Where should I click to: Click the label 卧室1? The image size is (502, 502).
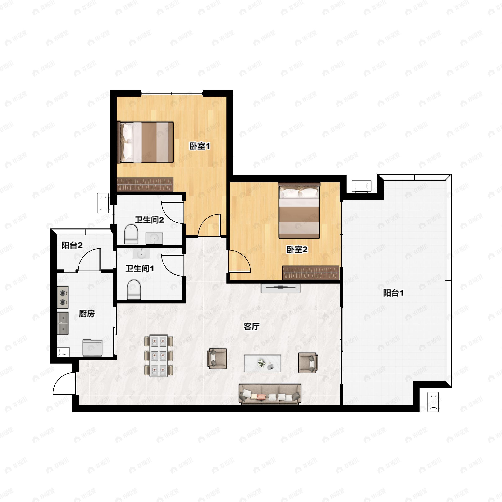tap(199, 146)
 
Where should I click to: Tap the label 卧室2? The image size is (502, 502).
tap(297, 250)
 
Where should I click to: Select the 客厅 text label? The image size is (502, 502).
tap(251, 327)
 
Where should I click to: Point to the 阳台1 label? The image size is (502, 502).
tap(393, 293)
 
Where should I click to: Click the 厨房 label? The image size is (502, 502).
tap(87, 314)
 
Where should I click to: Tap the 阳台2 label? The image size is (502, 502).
tap(72, 245)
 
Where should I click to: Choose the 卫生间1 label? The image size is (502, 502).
tap(140, 268)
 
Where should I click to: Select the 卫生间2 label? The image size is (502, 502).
tap(149, 220)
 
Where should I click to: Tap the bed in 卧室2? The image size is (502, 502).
tap(299, 211)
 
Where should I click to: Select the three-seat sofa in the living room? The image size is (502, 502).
tap(270, 394)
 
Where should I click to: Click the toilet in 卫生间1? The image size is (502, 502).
tap(134, 289)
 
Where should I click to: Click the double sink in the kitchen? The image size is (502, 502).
tap(63, 323)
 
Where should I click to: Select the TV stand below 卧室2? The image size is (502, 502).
tap(281, 288)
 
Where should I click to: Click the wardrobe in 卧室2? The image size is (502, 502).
tap(311, 273)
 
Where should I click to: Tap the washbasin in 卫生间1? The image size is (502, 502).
tap(141, 254)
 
